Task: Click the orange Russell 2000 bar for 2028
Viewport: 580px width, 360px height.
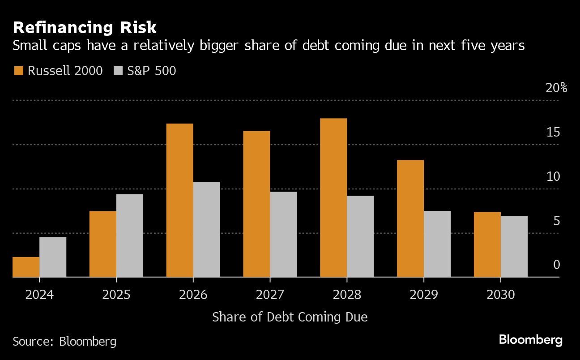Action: (x=333, y=197)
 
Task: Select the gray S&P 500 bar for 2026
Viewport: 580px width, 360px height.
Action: (x=206, y=229)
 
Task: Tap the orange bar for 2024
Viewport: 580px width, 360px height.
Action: (x=26, y=267)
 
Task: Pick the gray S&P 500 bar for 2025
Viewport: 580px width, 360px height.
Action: (x=130, y=236)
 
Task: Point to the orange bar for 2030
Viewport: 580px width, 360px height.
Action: (x=487, y=244)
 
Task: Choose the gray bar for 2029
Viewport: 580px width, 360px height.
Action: (x=437, y=244)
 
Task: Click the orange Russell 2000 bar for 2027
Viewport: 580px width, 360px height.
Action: (x=256, y=204)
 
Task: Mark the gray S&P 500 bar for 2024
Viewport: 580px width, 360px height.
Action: (x=53, y=257)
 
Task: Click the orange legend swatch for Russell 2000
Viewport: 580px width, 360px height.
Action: (x=18, y=71)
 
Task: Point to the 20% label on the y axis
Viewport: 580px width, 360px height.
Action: (x=556, y=88)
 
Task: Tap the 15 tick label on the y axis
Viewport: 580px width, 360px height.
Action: (x=553, y=133)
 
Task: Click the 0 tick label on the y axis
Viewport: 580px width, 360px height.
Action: (x=556, y=265)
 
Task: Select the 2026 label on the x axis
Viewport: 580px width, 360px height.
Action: (x=193, y=296)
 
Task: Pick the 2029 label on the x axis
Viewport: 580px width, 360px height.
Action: (x=423, y=296)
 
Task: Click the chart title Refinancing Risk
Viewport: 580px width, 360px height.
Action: (x=85, y=28)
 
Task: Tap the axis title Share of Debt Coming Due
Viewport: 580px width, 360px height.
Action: (x=290, y=317)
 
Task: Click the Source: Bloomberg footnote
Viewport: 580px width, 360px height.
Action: (x=64, y=342)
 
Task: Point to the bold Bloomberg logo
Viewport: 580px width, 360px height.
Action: (x=531, y=340)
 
